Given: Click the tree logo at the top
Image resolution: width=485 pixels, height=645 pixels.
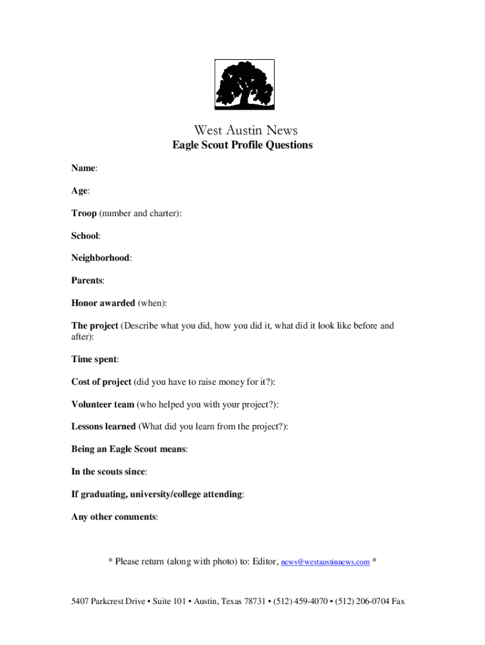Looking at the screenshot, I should tap(244, 85).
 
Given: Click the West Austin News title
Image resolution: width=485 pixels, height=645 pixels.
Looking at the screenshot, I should tap(246, 130).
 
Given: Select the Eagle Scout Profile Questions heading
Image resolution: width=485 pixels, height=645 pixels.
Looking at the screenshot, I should tap(243, 146).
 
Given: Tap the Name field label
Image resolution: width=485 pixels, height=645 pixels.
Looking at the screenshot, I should tap(83, 169).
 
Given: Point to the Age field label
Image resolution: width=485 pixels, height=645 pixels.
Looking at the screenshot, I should tap(79, 191).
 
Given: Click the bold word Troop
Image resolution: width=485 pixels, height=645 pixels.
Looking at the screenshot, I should tap(84, 214).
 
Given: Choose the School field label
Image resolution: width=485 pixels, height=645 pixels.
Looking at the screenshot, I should tap(85, 236).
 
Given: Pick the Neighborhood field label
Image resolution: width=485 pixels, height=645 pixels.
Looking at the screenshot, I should tap(101, 258).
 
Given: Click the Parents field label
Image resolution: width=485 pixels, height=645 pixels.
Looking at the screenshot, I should tap(87, 280).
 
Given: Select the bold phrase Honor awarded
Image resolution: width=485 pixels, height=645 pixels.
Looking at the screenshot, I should tap(103, 303).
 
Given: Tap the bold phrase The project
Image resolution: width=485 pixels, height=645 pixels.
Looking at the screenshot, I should tap(94, 326).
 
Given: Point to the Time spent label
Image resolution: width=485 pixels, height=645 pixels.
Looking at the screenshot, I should tap(94, 359).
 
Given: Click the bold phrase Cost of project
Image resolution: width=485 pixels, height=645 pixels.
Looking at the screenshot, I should tap(101, 382).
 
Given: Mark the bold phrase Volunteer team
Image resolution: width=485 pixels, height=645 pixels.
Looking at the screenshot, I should tap(103, 404).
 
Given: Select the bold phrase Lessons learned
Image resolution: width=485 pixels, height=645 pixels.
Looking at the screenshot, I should tap(103, 426).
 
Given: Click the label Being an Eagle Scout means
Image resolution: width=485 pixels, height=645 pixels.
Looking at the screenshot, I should tap(128, 449).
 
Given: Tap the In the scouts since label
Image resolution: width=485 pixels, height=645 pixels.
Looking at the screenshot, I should tap(108, 472).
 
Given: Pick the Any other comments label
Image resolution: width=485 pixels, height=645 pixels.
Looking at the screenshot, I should tap(113, 517).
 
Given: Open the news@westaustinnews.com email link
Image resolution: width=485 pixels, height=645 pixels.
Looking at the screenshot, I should tap(325, 562).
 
